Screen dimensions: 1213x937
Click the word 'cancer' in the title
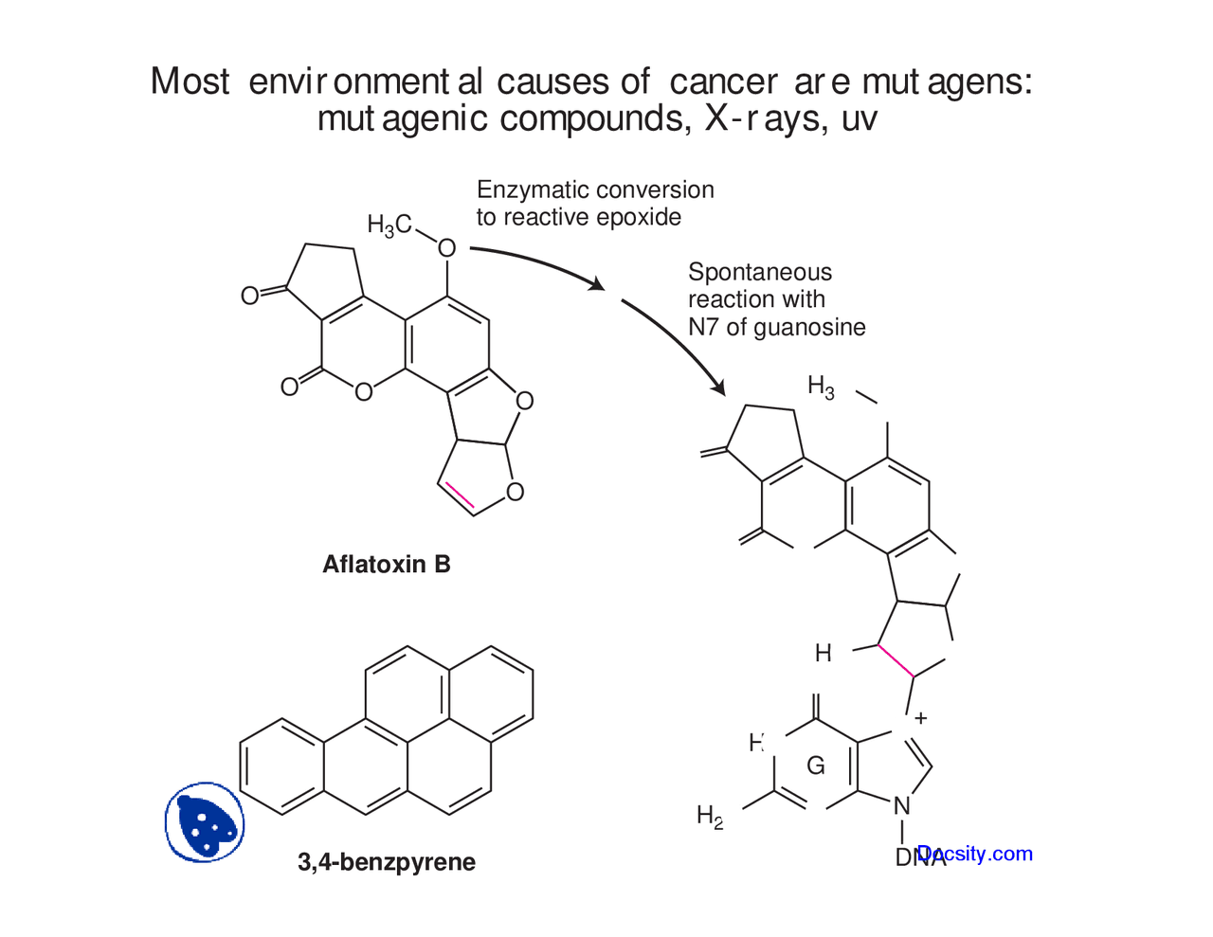(723, 82)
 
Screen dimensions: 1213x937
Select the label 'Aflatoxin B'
(387, 565)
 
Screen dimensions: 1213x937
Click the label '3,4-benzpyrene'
(387, 862)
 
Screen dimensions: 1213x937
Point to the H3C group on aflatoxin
(389, 225)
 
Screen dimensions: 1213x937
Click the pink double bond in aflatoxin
(460, 494)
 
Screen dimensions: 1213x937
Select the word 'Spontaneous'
(760, 272)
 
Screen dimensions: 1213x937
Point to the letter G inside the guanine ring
(815, 766)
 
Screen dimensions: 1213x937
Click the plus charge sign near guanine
(920, 718)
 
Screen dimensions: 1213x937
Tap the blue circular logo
(205, 822)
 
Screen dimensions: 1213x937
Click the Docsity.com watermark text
(976, 854)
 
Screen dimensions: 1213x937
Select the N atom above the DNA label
(902, 806)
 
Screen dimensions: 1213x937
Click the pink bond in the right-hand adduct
(895, 660)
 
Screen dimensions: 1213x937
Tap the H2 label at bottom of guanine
(710, 816)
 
